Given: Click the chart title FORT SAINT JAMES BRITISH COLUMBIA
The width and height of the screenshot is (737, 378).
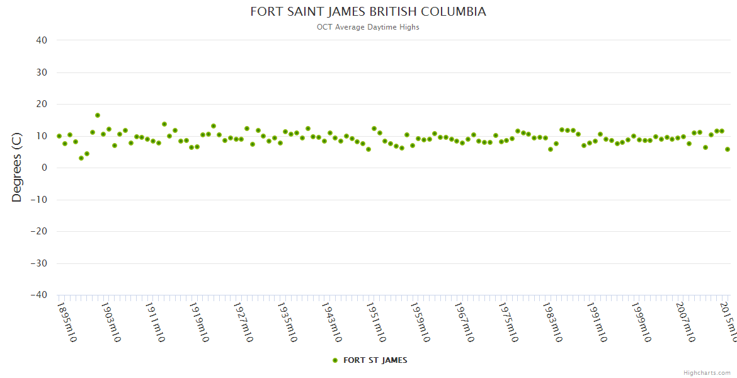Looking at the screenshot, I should coord(368,12).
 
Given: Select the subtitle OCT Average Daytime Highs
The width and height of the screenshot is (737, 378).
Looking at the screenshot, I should coord(368,27).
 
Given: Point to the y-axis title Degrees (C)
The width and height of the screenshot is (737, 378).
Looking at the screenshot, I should coord(17,168).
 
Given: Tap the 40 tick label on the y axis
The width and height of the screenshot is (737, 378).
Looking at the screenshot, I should coord(42,40).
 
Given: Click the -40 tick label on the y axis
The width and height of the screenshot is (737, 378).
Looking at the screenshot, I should coord(38,295).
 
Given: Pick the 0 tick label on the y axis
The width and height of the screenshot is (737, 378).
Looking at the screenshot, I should coord(44,168).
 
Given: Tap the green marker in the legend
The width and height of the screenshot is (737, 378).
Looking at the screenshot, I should coord(335,360).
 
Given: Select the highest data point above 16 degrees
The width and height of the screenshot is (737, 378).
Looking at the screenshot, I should coord(98,115).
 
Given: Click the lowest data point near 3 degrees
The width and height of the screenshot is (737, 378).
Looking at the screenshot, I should coord(81,158).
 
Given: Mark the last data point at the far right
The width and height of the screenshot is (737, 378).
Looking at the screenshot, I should coord(728,149).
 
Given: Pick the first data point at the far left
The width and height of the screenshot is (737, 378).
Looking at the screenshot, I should coord(59,136).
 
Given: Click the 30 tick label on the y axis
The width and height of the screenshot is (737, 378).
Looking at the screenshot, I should coord(42,72).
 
